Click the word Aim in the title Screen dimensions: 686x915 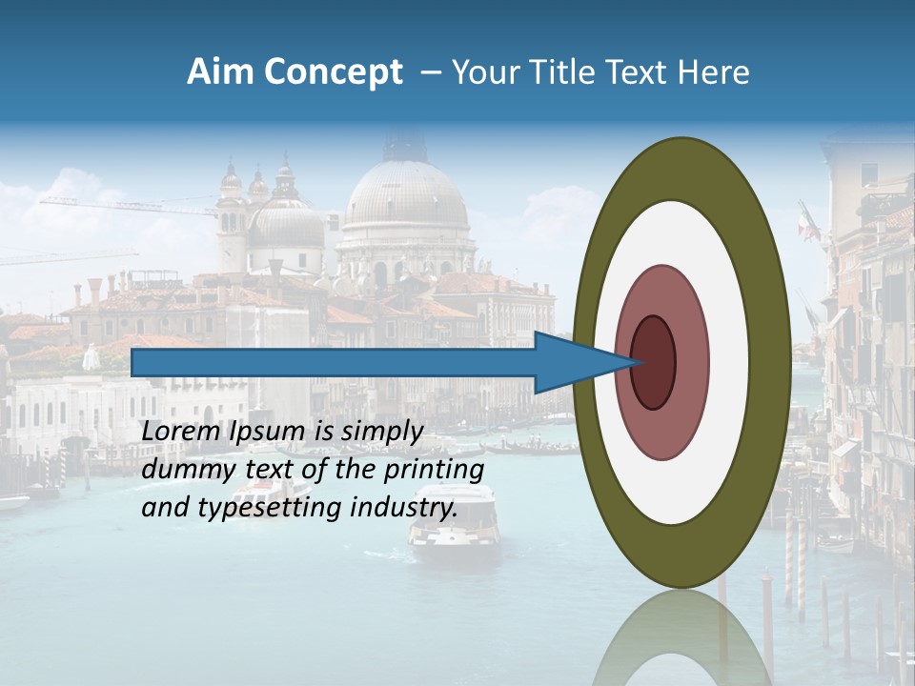pyautogui.click(x=221, y=71)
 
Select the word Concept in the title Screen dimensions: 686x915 pyautogui.click(x=333, y=71)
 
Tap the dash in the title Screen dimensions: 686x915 pyautogui.click(x=431, y=71)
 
